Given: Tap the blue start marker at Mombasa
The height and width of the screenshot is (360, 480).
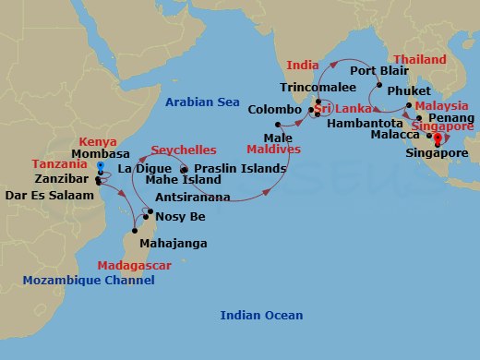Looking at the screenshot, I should (99, 167).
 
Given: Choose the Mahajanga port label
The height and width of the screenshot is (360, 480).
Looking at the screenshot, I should (173, 244).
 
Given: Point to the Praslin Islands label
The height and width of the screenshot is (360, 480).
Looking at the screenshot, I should (237, 170).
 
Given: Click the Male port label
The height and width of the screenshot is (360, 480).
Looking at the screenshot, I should (261, 137).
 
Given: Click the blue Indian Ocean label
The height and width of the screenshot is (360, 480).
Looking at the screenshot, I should (261, 316).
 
